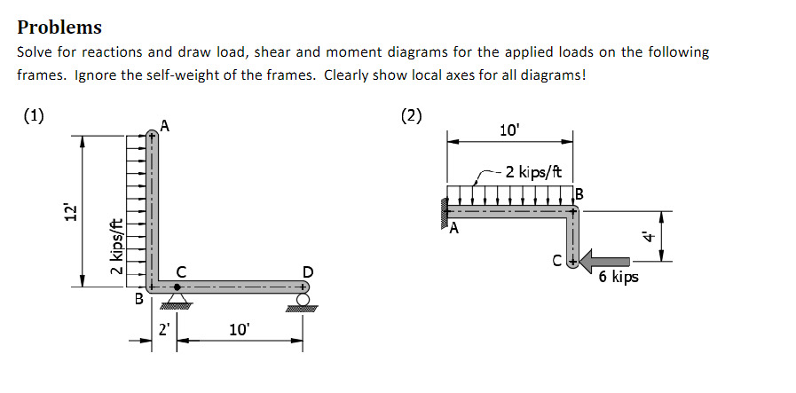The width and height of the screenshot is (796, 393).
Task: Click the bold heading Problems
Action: click(x=59, y=28)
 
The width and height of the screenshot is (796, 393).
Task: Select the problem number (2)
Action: click(x=412, y=115)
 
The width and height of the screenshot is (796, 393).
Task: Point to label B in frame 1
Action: click(x=138, y=300)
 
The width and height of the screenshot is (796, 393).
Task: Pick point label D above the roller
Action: click(x=307, y=271)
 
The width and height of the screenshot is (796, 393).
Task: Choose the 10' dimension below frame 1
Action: click(x=240, y=329)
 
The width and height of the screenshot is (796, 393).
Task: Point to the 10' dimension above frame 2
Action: click(x=509, y=130)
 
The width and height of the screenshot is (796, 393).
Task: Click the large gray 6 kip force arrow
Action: click(x=607, y=261)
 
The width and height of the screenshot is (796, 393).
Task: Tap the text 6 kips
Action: click(x=618, y=278)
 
